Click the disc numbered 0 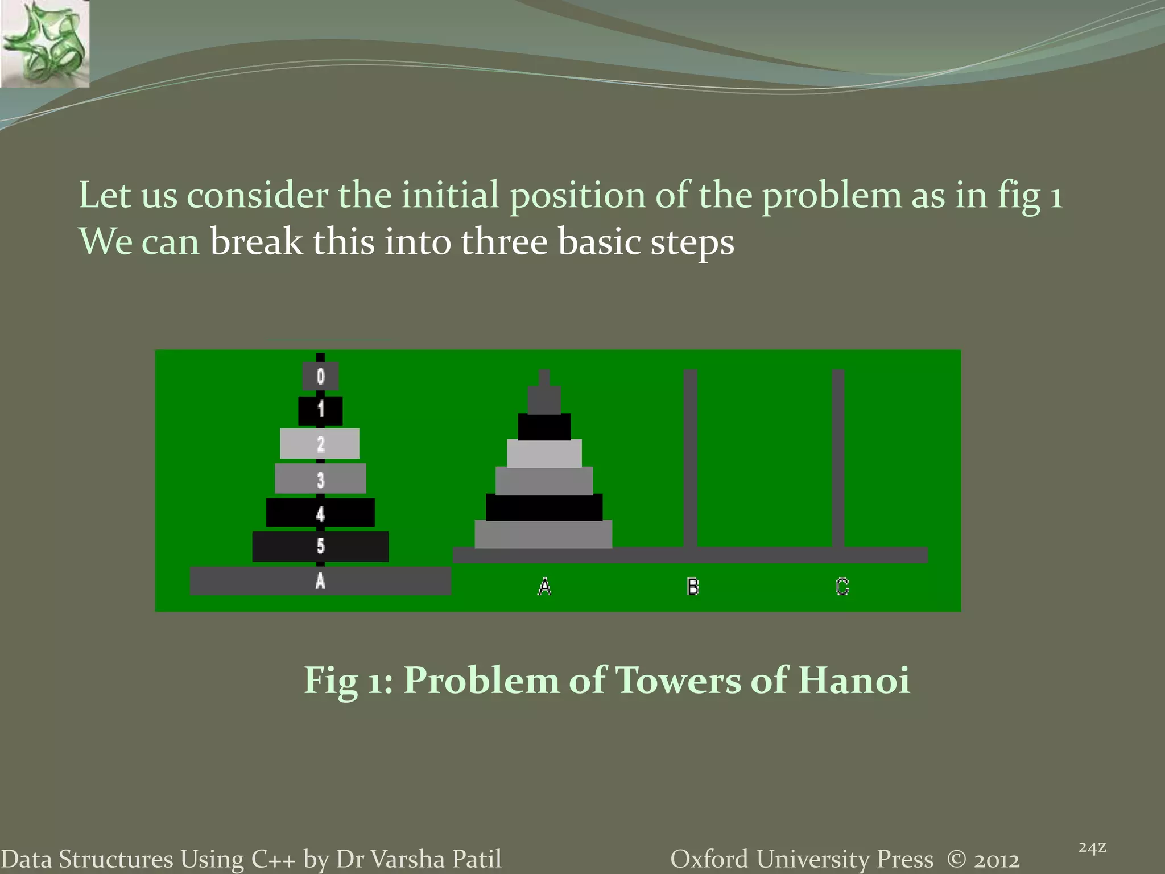[x=320, y=376]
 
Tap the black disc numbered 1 [x=320, y=410]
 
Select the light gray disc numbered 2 [x=320, y=443]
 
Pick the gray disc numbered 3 [x=320, y=479]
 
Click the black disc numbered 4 [x=320, y=513]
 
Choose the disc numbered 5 [x=320, y=546]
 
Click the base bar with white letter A [x=320, y=581]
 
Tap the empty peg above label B [x=690, y=455]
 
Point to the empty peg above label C [x=838, y=455]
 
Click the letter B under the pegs [x=692, y=586]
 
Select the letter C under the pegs [x=842, y=586]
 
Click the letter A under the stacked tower [x=544, y=586]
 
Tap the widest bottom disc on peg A [x=543, y=534]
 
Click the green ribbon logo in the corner [x=44, y=44]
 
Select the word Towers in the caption [x=678, y=680]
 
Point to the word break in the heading [x=256, y=242]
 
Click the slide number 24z [x=1092, y=848]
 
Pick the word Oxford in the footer [x=709, y=859]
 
